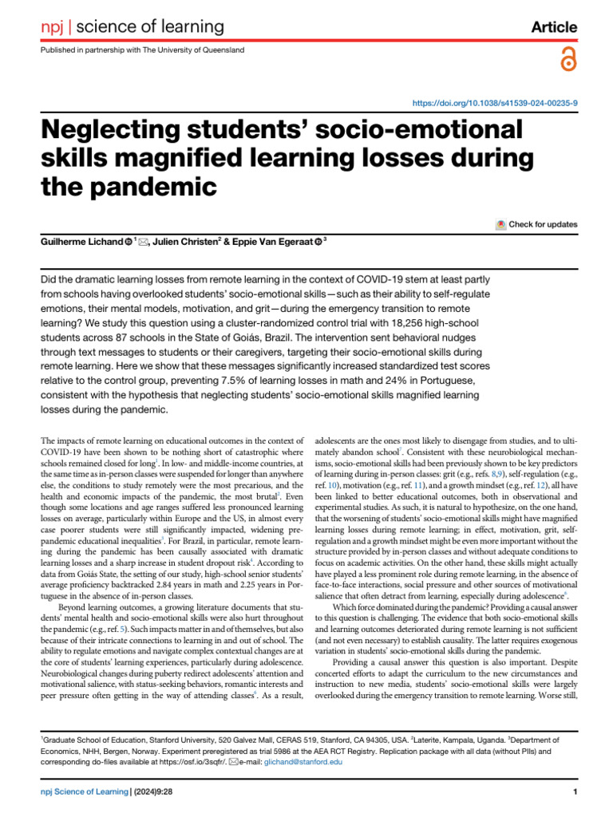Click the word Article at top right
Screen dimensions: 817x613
[x=554, y=28]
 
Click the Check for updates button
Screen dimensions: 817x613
[x=536, y=224]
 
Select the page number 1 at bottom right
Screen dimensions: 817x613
[x=575, y=791]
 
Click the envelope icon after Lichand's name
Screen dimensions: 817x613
[x=144, y=241]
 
